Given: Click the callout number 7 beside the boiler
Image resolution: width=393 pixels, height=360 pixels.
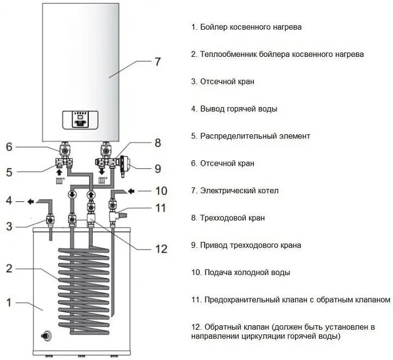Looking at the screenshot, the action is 157,62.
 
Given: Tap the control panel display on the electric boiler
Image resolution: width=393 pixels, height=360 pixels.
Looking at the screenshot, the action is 80,120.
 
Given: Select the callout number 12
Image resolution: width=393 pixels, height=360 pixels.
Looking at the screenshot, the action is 161,249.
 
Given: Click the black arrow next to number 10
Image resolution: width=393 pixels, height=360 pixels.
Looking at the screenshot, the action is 131,192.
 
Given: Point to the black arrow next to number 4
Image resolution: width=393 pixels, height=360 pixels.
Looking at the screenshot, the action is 30,201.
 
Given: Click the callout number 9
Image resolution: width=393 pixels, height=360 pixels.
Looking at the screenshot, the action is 158,169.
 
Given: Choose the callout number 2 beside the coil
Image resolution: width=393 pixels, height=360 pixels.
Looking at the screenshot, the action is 9,269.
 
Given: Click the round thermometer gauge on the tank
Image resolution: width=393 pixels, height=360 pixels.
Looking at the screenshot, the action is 46,336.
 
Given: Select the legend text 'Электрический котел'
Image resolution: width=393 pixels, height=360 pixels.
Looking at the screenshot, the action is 239,191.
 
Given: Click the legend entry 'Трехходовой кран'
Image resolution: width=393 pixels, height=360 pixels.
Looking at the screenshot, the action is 232,218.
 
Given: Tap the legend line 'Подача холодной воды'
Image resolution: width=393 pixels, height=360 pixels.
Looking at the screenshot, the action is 247,272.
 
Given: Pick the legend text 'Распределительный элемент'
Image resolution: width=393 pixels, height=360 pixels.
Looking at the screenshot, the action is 255,136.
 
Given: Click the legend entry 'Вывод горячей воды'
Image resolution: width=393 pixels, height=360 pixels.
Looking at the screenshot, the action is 239,109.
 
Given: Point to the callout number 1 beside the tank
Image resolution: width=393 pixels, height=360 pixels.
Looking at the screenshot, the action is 9,303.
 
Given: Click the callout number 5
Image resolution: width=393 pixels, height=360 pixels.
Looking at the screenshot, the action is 9,172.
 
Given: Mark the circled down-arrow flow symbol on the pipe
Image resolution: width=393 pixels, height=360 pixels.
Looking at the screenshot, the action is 73,194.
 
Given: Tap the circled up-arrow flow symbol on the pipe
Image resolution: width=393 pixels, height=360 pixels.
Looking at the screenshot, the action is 91,194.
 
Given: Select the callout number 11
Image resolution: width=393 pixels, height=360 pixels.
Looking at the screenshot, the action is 161,208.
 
